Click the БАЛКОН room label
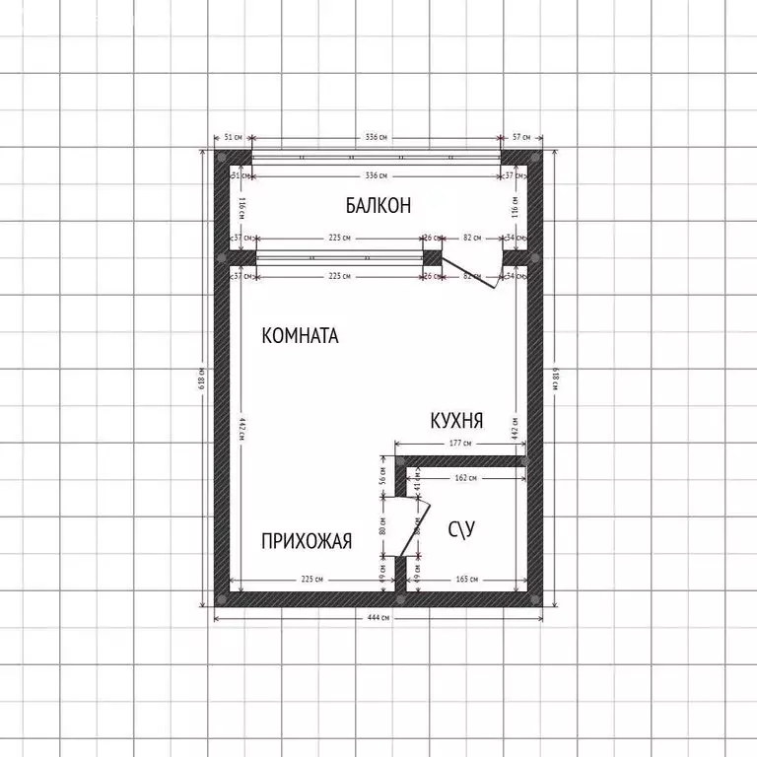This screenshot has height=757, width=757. click(378, 205)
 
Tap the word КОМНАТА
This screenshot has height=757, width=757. click(300, 336)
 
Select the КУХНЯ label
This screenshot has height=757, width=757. click(456, 421)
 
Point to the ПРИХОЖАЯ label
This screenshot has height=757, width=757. click(307, 540)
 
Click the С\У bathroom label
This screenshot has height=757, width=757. click(462, 531)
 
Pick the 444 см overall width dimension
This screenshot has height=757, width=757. click(378, 618)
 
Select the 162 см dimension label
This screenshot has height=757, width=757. click(466, 478)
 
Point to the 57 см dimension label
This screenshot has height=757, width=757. click(521, 137)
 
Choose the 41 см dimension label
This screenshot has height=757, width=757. click(418, 484)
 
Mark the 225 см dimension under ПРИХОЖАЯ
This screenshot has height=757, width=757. click(312, 580)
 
